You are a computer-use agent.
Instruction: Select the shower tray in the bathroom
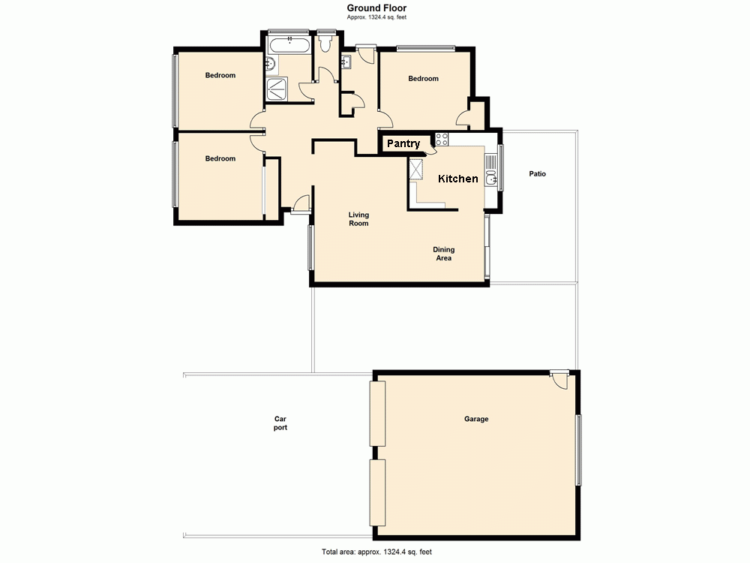point(277,88)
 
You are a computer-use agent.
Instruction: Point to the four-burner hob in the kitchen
point(442,139)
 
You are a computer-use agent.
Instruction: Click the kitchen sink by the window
point(490,177)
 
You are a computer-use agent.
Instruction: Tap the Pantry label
point(403,143)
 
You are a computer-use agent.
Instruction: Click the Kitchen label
point(457,179)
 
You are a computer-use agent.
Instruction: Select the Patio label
point(537,173)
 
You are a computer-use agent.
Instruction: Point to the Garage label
point(476,419)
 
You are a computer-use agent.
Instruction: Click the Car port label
point(280,423)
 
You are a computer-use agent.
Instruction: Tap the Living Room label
point(358,219)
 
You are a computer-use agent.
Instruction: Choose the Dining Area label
point(444,254)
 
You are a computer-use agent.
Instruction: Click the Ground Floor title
point(376,8)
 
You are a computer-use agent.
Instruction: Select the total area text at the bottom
point(376,552)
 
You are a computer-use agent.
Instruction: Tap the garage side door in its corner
point(559,379)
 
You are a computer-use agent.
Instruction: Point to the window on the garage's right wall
point(577,449)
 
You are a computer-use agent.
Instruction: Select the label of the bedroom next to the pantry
point(423,79)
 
